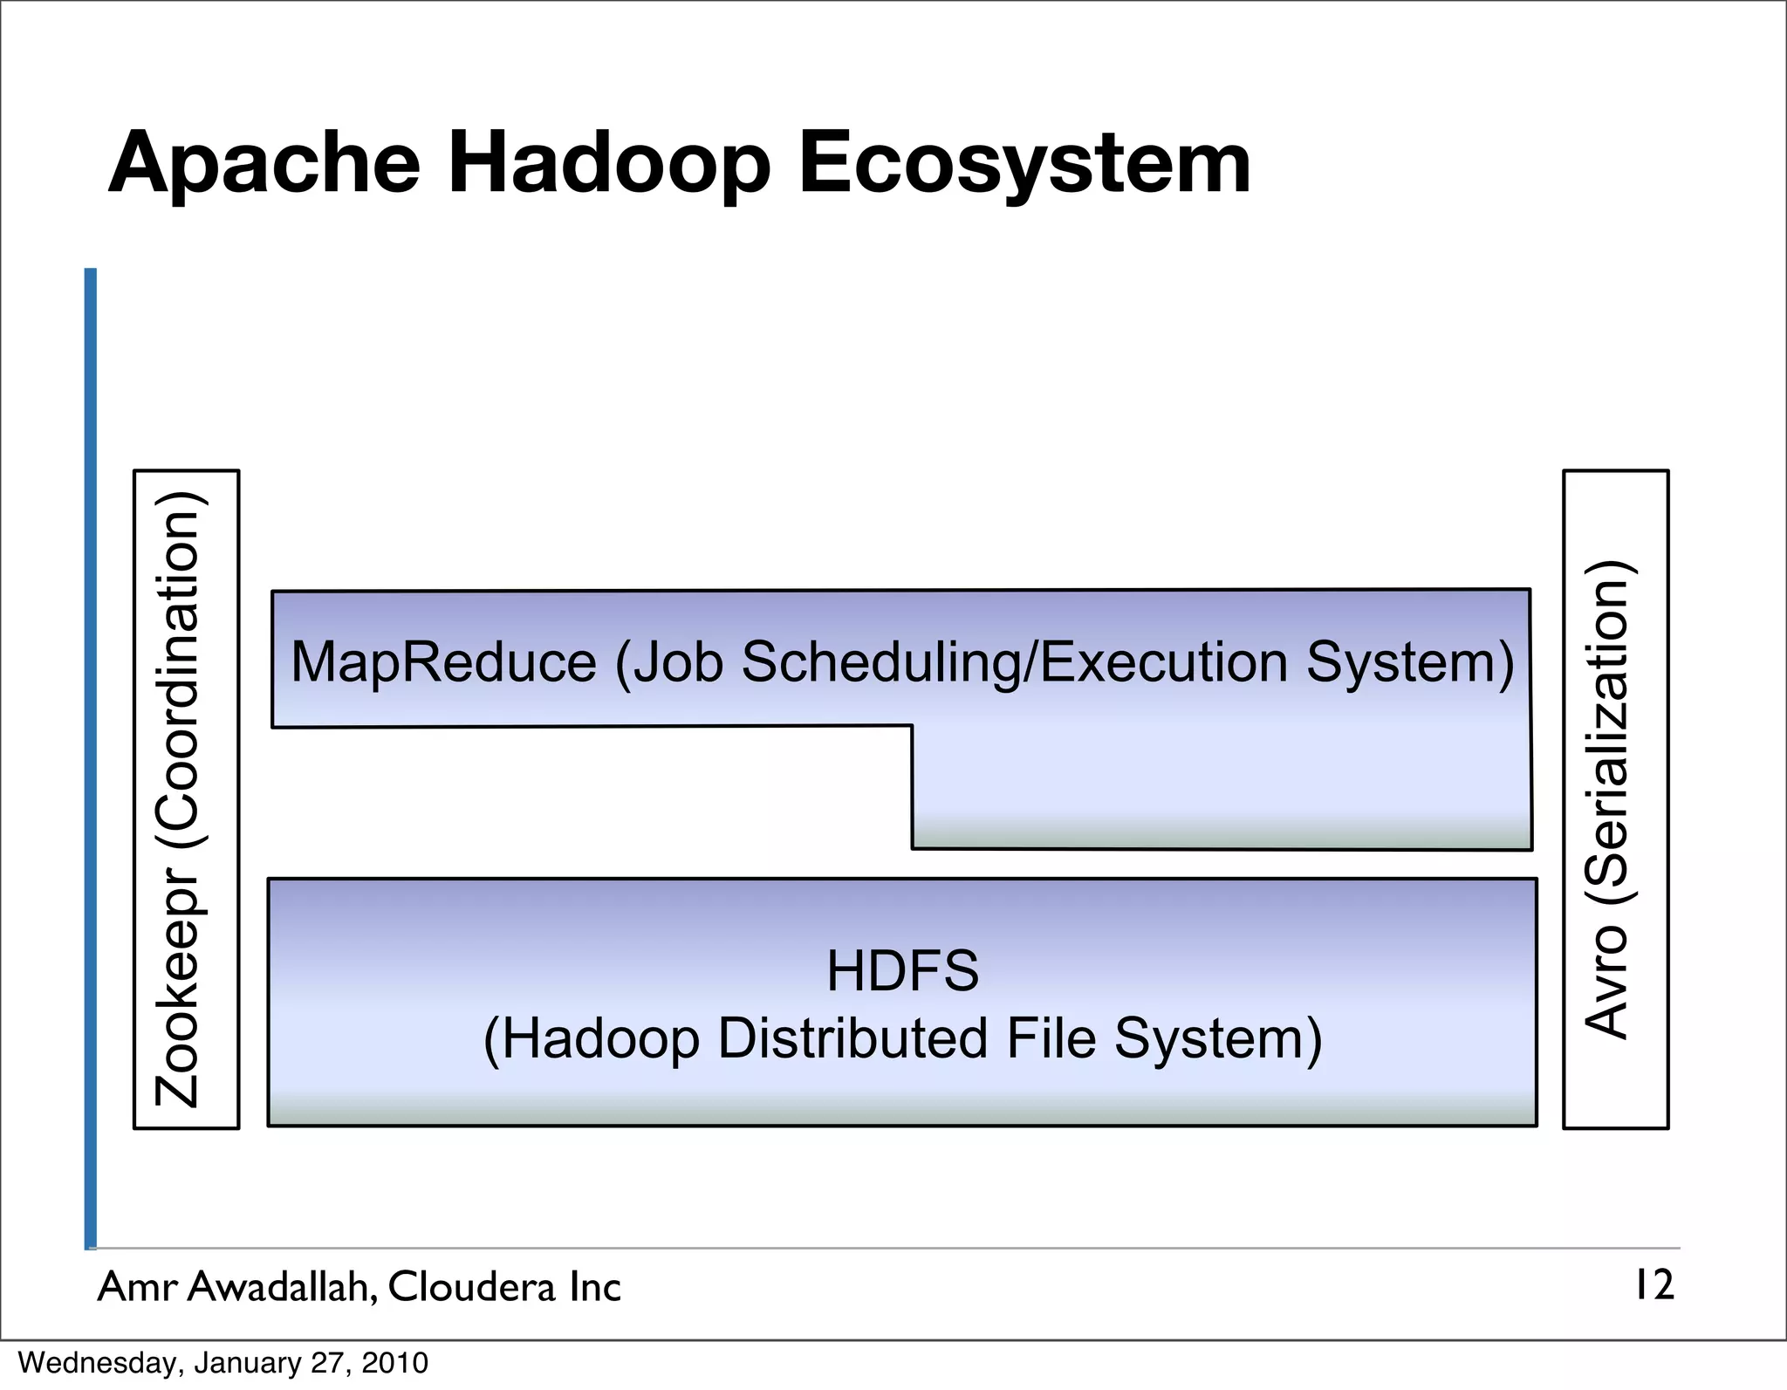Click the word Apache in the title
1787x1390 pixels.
pos(264,164)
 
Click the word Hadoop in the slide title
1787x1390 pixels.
pos(609,164)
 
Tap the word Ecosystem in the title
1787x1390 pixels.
pos(1024,164)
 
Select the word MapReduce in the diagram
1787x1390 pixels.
pos(443,662)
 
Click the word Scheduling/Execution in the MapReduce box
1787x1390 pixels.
pos(1013,662)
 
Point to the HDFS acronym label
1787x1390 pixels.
pos(902,971)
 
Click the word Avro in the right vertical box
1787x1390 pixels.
pos(1606,982)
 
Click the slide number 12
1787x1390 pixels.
pos(1653,1286)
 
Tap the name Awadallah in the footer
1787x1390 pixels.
pos(282,1287)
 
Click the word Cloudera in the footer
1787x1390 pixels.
pos(471,1287)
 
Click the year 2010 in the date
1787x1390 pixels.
pos(394,1363)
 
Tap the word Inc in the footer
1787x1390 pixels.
pos(594,1287)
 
